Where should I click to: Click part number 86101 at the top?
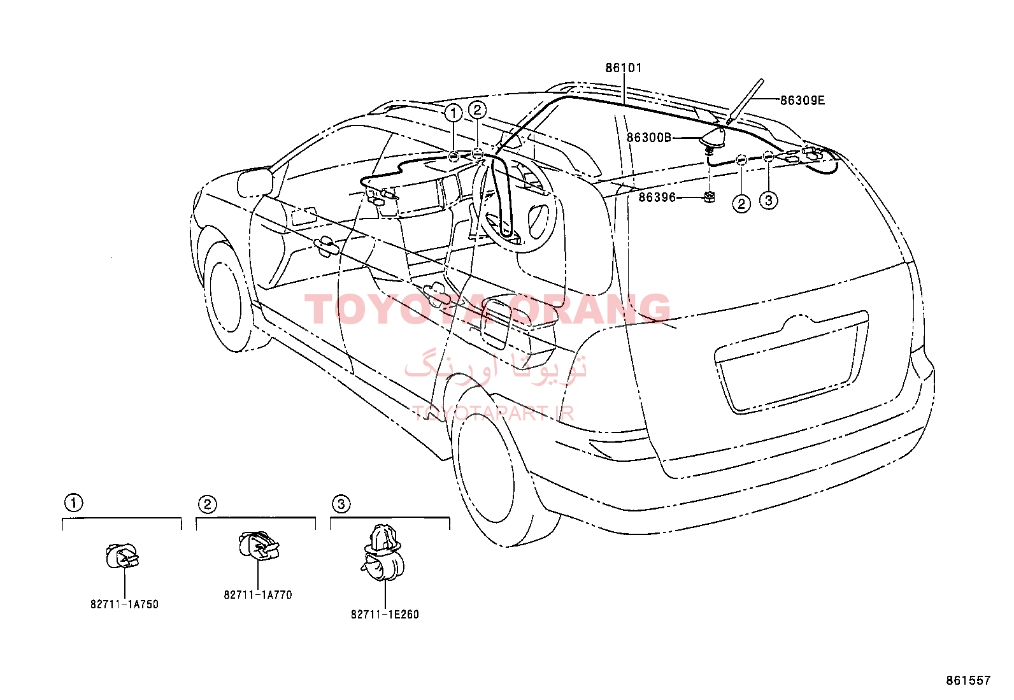624,68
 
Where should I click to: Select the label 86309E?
802,101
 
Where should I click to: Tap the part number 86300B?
648,137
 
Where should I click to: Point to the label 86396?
657,197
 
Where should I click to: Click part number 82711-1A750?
124,604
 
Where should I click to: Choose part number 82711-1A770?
258,595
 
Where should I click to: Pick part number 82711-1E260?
385,615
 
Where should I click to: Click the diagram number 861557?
968,680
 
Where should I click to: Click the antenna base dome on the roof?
712,137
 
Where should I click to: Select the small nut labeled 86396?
710,197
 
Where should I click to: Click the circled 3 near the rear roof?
768,199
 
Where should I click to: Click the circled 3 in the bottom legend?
341,504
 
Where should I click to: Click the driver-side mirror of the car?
255,182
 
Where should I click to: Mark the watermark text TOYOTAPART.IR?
494,413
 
